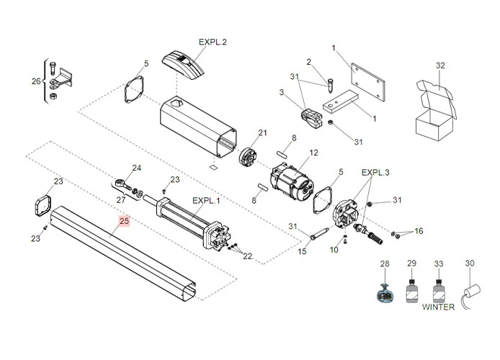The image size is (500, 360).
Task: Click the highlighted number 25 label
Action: [125, 222]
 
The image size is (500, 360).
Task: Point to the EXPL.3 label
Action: [375, 173]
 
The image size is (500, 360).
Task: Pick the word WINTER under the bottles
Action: [438, 307]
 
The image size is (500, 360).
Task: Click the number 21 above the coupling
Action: [262, 132]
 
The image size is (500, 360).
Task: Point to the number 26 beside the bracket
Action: [37, 81]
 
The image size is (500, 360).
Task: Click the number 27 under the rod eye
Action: [121, 199]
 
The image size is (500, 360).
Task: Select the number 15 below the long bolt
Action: [303, 251]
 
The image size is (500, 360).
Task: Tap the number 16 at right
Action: [419, 231]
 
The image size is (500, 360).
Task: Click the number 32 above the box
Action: [440, 66]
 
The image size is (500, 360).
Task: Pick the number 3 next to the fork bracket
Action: [282, 92]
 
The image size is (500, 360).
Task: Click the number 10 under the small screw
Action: [334, 250]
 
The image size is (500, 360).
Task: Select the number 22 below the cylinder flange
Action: [247, 256]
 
